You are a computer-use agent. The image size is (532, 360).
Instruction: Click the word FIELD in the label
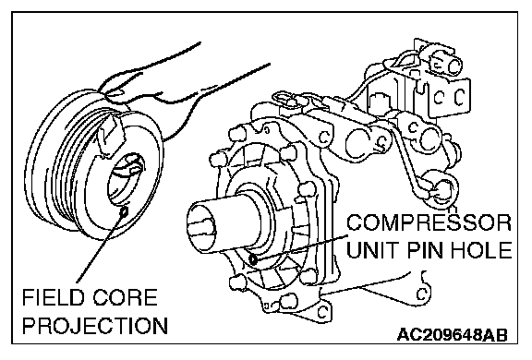(x=53, y=297)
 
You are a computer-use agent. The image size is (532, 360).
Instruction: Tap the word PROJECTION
(x=95, y=325)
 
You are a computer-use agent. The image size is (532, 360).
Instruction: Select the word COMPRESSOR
(x=429, y=222)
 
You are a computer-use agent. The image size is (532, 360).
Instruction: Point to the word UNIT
(x=373, y=250)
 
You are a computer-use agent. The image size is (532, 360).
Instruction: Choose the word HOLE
(x=481, y=250)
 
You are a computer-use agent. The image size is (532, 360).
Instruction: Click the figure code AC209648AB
(x=453, y=335)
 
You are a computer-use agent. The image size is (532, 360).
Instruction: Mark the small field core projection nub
(x=124, y=211)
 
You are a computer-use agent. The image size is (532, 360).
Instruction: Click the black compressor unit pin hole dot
(x=253, y=259)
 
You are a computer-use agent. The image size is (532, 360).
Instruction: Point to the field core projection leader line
(x=100, y=247)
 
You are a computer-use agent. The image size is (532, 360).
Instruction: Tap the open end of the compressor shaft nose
(x=201, y=226)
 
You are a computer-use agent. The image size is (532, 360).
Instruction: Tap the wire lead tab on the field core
(x=110, y=134)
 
